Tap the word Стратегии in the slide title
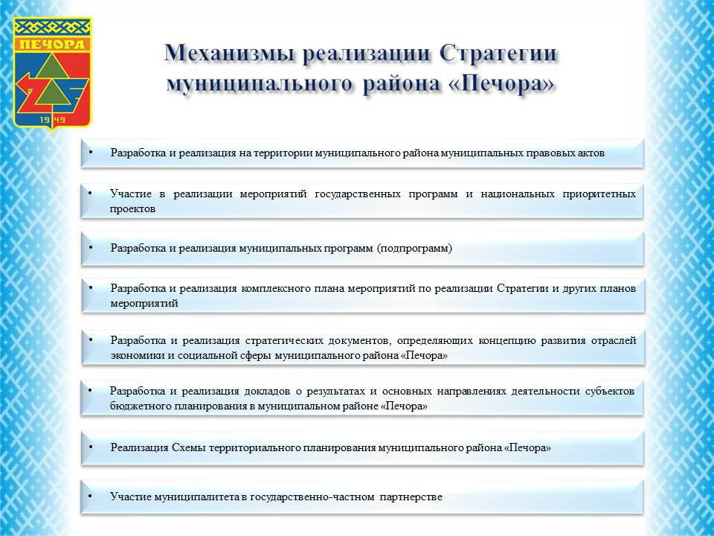coord(498,54)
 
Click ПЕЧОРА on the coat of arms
coord(52,44)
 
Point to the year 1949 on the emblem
coord(52,120)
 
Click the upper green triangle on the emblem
coord(52,66)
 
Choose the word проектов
coord(132,209)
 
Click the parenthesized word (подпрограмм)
coord(414,249)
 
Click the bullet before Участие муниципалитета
coord(90,496)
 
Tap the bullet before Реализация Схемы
coord(90,447)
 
